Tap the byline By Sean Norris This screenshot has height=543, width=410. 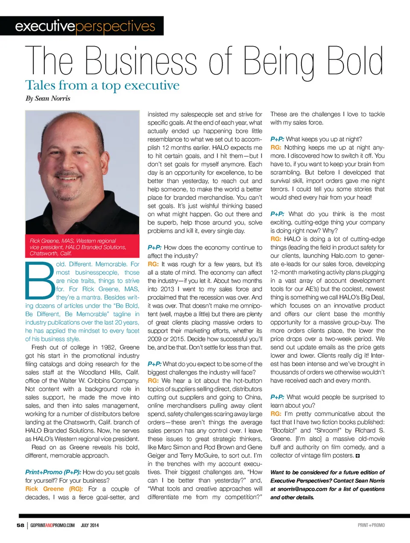coord(48,98)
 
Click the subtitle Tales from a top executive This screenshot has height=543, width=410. coord(102,85)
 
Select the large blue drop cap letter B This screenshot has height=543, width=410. coord(40,280)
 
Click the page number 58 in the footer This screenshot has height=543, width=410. coord(20,525)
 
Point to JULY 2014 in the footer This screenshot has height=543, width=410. coord(90,525)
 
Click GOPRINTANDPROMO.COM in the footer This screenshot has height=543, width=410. coord(53,525)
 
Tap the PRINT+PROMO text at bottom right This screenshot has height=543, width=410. coord(371,525)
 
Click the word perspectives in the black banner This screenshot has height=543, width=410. coord(115,26)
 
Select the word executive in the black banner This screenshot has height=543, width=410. coord(45,26)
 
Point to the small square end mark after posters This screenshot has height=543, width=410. coord(357,456)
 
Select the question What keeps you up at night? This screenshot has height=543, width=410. coord(324,139)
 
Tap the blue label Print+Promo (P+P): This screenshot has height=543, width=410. coord(53,472)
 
